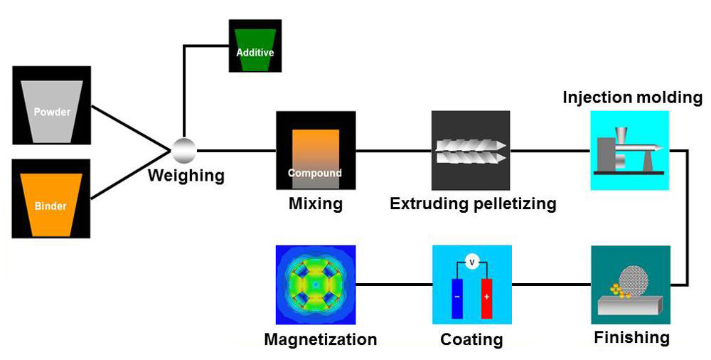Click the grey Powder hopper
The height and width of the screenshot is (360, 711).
(x=52, y=112)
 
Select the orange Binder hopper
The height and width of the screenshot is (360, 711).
(x=50, y=205)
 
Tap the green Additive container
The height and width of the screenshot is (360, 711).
(x=255, y=50)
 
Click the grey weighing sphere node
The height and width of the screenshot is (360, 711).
(x=184, y=150)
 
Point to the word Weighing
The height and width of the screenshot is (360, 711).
(x=186, y=175)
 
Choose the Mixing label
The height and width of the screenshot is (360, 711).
(x=316, y=203)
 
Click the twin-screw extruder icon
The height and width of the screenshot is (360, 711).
(x=471, y=152)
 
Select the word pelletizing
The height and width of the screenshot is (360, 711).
(x=514, y=203)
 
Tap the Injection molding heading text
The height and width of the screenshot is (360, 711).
(x=633, y=97)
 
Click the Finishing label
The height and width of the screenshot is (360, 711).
(x=631, y=338)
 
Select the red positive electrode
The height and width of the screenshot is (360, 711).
(x=486, y=298)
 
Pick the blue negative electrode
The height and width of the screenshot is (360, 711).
(x=457, y=298)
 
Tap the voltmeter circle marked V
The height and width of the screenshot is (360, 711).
(x=472, y=262)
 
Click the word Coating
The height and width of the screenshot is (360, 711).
(x=471, y=339)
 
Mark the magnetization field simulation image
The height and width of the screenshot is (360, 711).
(x=316, y=285)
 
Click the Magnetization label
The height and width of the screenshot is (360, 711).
(x=321, y=339)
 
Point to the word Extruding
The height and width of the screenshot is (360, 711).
(x=429, y=203)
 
